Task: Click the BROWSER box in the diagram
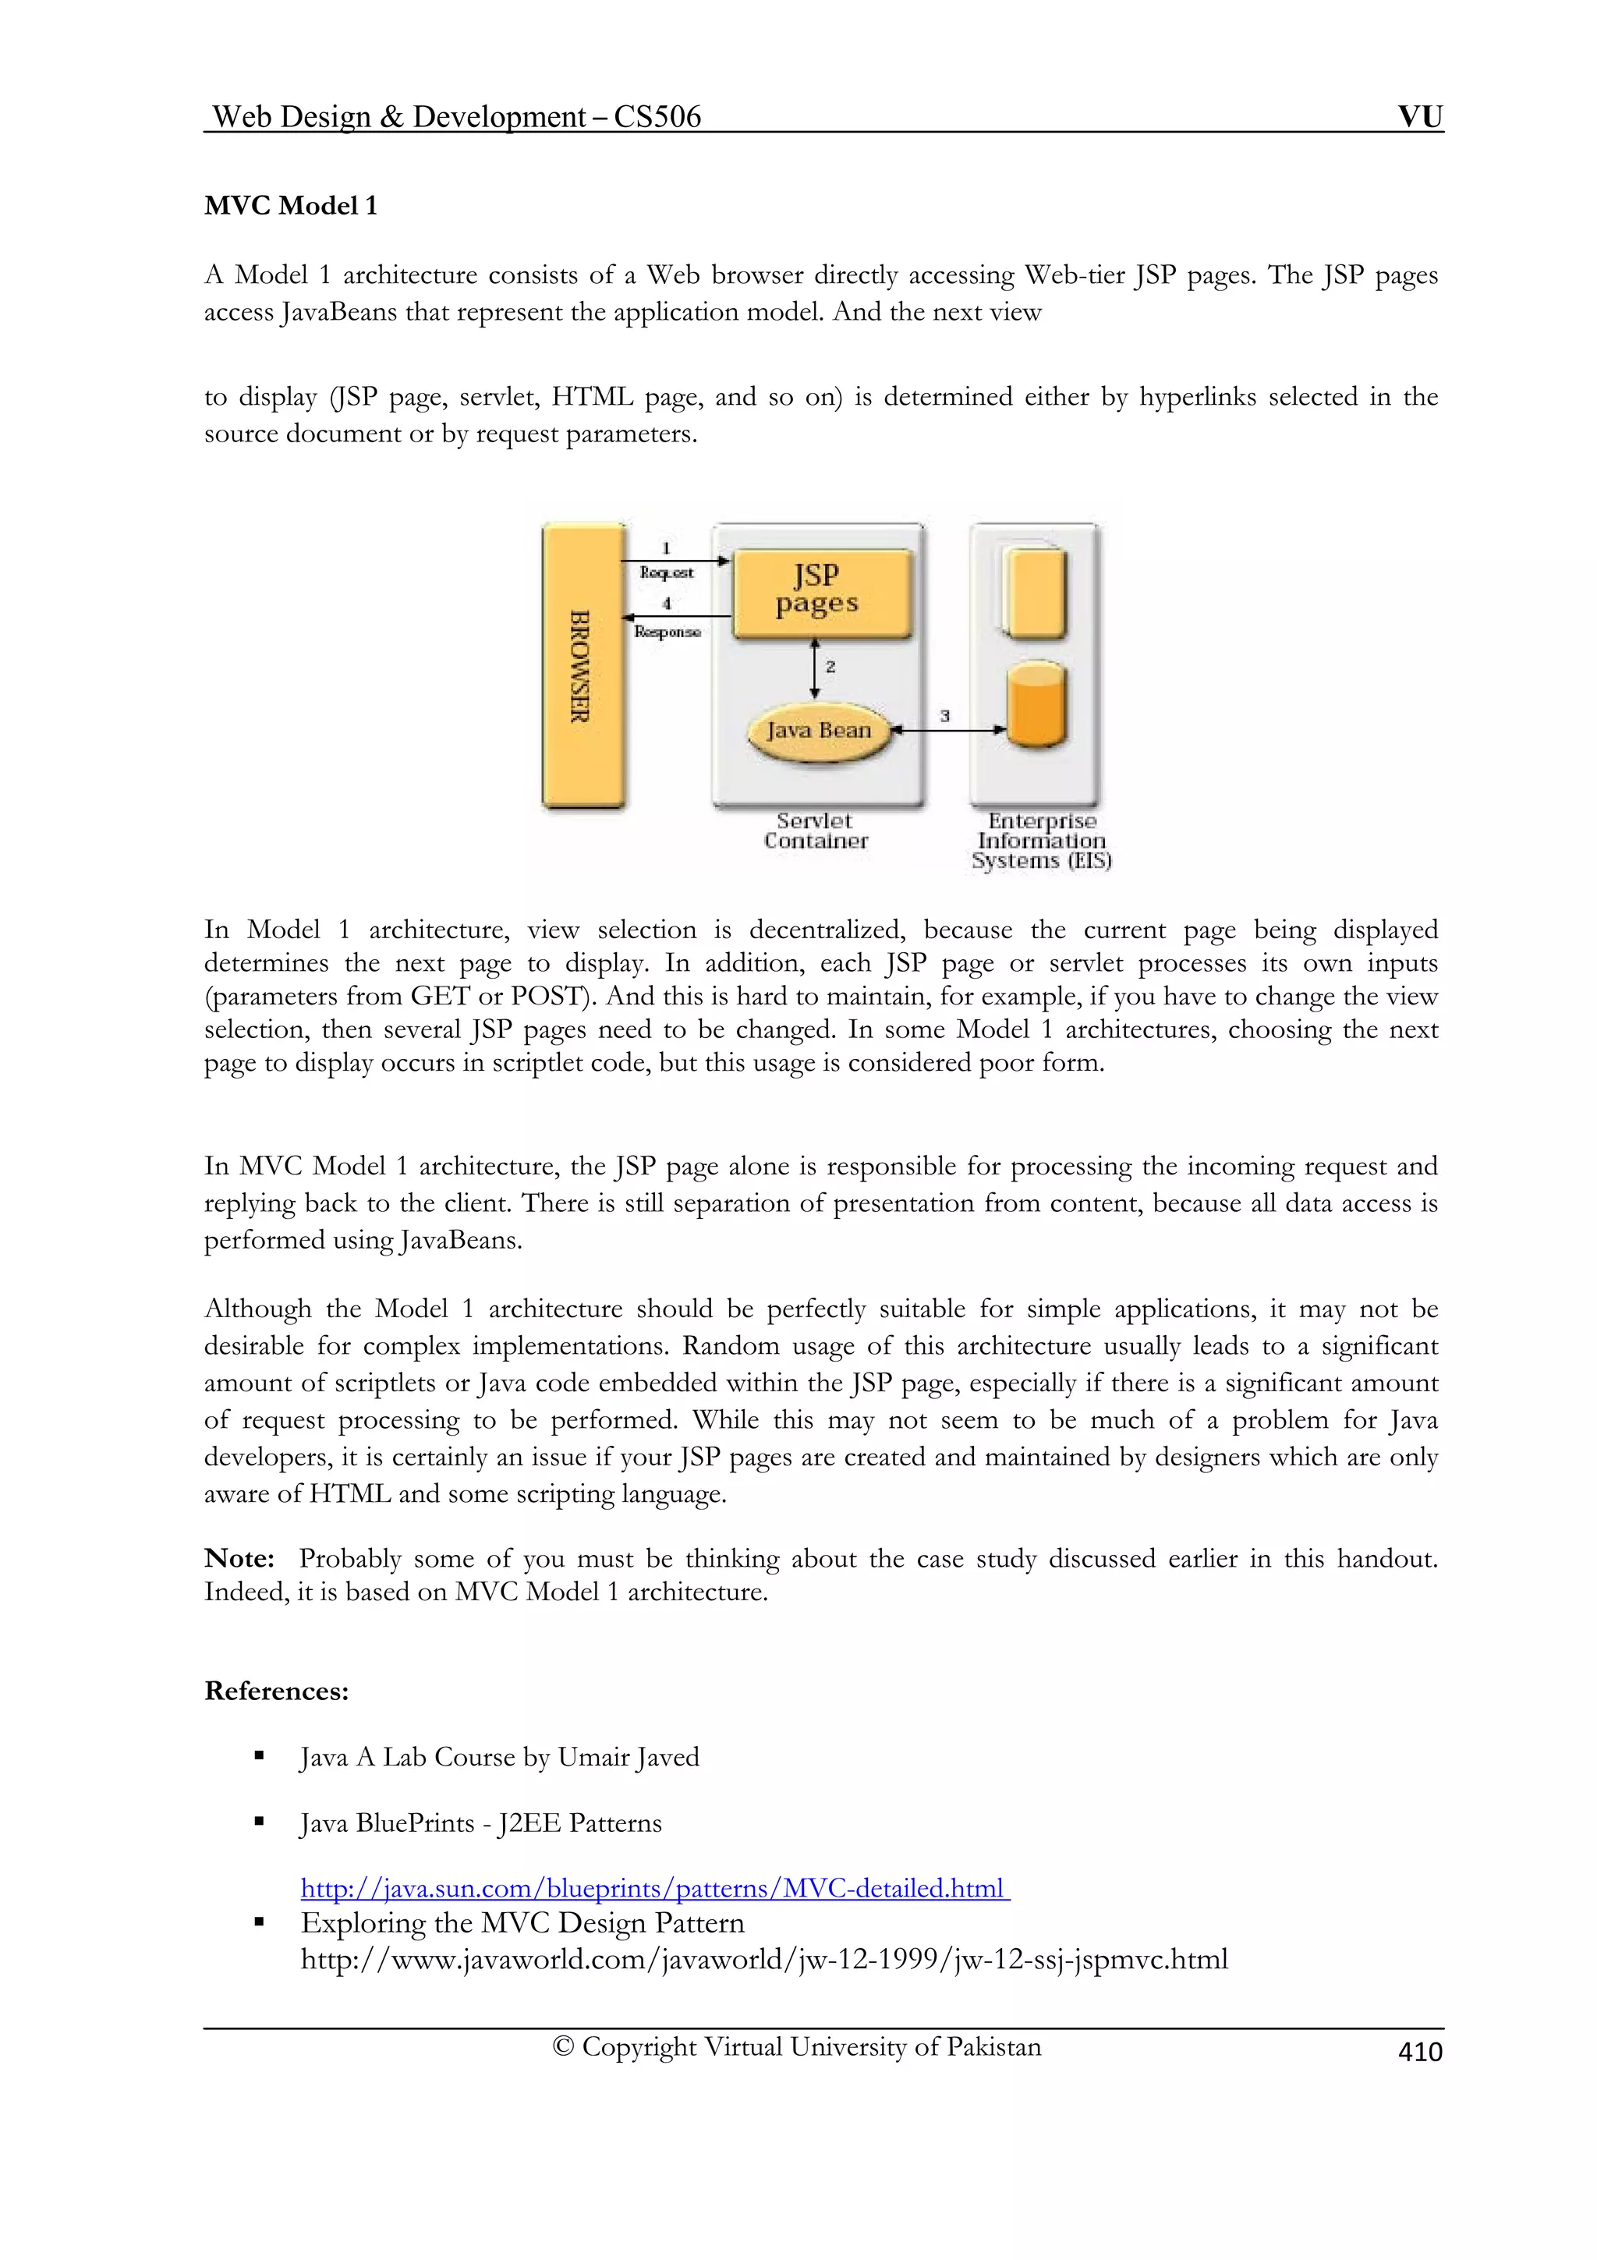coord(582,667)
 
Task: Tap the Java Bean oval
coord(820,731)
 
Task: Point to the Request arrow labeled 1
coord(675,561)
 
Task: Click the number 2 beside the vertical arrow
coord(830,667)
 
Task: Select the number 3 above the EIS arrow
coord(944,716)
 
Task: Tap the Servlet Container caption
coord(816,831)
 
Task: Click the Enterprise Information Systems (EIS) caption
coord(1041,841)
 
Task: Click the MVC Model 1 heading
coord(290,206)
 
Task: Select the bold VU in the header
coord(1420,117)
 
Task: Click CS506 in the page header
coord(657,117)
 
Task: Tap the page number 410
coord(1420,2051)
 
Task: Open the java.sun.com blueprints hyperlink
coord(654,1888)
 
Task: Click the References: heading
coord(277,1691)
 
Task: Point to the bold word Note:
coord(239,1558)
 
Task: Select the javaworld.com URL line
coord(763,1960)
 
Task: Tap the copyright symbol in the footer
coord(563,2047)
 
